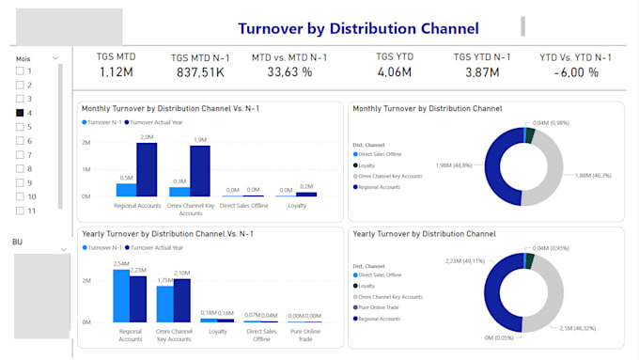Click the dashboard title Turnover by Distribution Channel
point(358,29)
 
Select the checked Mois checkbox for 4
point(20,113)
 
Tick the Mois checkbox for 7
point(20,154)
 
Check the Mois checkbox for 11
point(20,211)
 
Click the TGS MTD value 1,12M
point(116,72)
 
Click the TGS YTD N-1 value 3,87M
point(483,72)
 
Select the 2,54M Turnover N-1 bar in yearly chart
point(121,296)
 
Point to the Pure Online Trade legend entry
point(382,307)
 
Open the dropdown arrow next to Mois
point(55,58)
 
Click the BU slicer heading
point(17,243)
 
